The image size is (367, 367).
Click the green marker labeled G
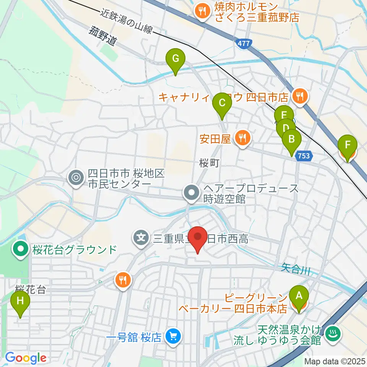pyautogui.click(x=175, y=59)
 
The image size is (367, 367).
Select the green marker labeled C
pyautogui.click(x=222, y=103)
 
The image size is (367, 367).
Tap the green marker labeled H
pyautogui.click(x=20, y=301)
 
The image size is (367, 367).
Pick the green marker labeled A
pyautogui.click(x=299, y=296)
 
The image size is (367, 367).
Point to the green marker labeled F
pyautogui.click(x=348, y=145)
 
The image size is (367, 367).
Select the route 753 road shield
pyautogui.click(x=304, y=156)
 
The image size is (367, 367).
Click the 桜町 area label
pyautogui.click(x=209, y=164)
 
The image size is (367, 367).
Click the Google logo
pyautogui.click(x=26, y=358)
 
